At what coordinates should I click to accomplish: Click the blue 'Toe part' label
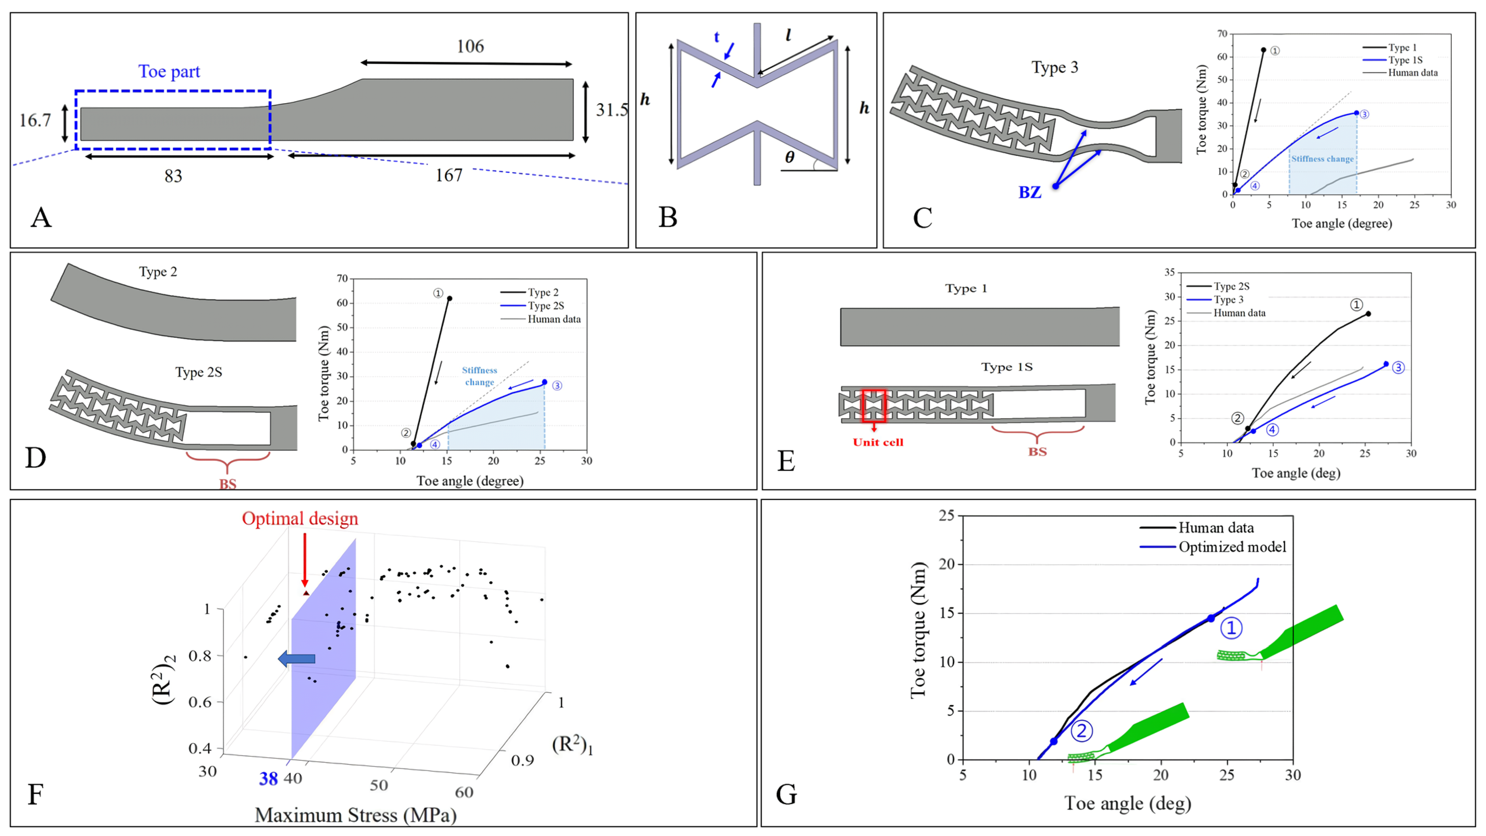click(169, 71)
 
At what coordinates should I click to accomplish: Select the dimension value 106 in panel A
click(470, 46)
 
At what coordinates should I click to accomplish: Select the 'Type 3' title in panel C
click(1055, 67)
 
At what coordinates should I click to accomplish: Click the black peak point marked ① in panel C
click(1263, 50)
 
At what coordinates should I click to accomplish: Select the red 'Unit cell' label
click(878, 442)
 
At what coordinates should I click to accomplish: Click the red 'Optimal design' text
click(300, 518)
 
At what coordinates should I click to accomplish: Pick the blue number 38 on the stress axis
click(268, 779)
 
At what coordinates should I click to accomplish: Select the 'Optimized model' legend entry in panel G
click(1232, 547)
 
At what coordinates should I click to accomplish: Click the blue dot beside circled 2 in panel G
click(1054, 742)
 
